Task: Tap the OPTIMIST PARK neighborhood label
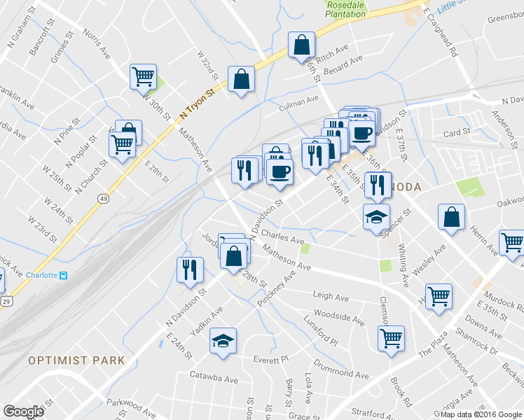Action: click(76, 360)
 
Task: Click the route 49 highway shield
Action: click(104, 199)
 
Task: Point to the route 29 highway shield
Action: click(5, 300)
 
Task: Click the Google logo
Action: click(24, 412)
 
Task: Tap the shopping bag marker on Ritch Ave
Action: click(301, 45)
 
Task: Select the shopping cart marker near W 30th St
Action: click(144, 76)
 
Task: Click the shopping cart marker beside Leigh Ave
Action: click(439, 295)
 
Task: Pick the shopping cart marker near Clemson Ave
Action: click(391, 338)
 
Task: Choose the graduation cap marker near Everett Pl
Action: click(223, 341)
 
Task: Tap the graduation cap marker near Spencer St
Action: click(376, 217)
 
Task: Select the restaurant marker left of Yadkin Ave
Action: click(189, 269)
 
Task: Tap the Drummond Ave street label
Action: click(341, 371)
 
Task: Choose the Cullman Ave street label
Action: click(298, 104)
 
